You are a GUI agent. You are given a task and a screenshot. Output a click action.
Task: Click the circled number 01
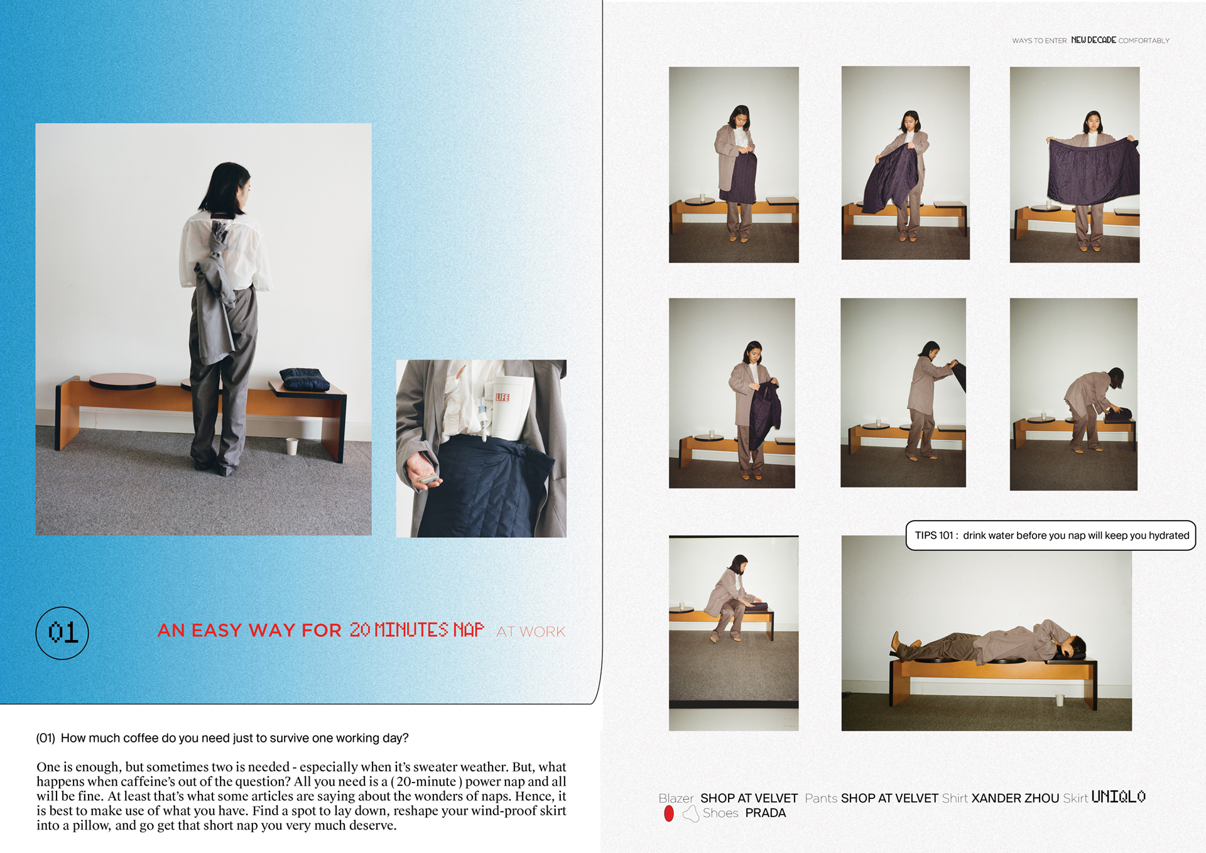point(62,633)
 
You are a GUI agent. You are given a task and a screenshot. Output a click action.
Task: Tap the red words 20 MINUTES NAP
point(416,630)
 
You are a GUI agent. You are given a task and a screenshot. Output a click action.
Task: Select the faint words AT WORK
point(531,631)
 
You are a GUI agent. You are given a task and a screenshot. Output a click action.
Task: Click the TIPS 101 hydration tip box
point(1050,535)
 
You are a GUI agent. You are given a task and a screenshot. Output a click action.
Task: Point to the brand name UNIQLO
point(1118,797)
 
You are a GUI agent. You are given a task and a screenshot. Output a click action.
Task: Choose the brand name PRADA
point(765,813)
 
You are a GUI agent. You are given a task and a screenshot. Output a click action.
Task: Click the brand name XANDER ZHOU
point(1015,798)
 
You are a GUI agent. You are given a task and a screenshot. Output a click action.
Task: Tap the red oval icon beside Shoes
point(669,813)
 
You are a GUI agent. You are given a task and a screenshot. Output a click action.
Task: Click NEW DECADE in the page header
point(1094,40)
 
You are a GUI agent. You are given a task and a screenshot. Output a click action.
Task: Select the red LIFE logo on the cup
point(503,397)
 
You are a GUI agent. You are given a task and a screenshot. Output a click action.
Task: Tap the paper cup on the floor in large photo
point(291,446)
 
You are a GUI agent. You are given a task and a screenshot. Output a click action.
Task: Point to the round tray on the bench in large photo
point(122,380)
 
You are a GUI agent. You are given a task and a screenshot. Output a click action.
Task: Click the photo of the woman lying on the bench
point(986,633)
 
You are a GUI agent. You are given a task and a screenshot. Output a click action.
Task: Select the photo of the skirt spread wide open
point(1075,165)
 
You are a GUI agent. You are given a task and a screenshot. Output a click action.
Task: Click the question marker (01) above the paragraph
point(46,738)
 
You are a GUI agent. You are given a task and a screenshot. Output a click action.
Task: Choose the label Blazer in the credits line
point(676,798)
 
